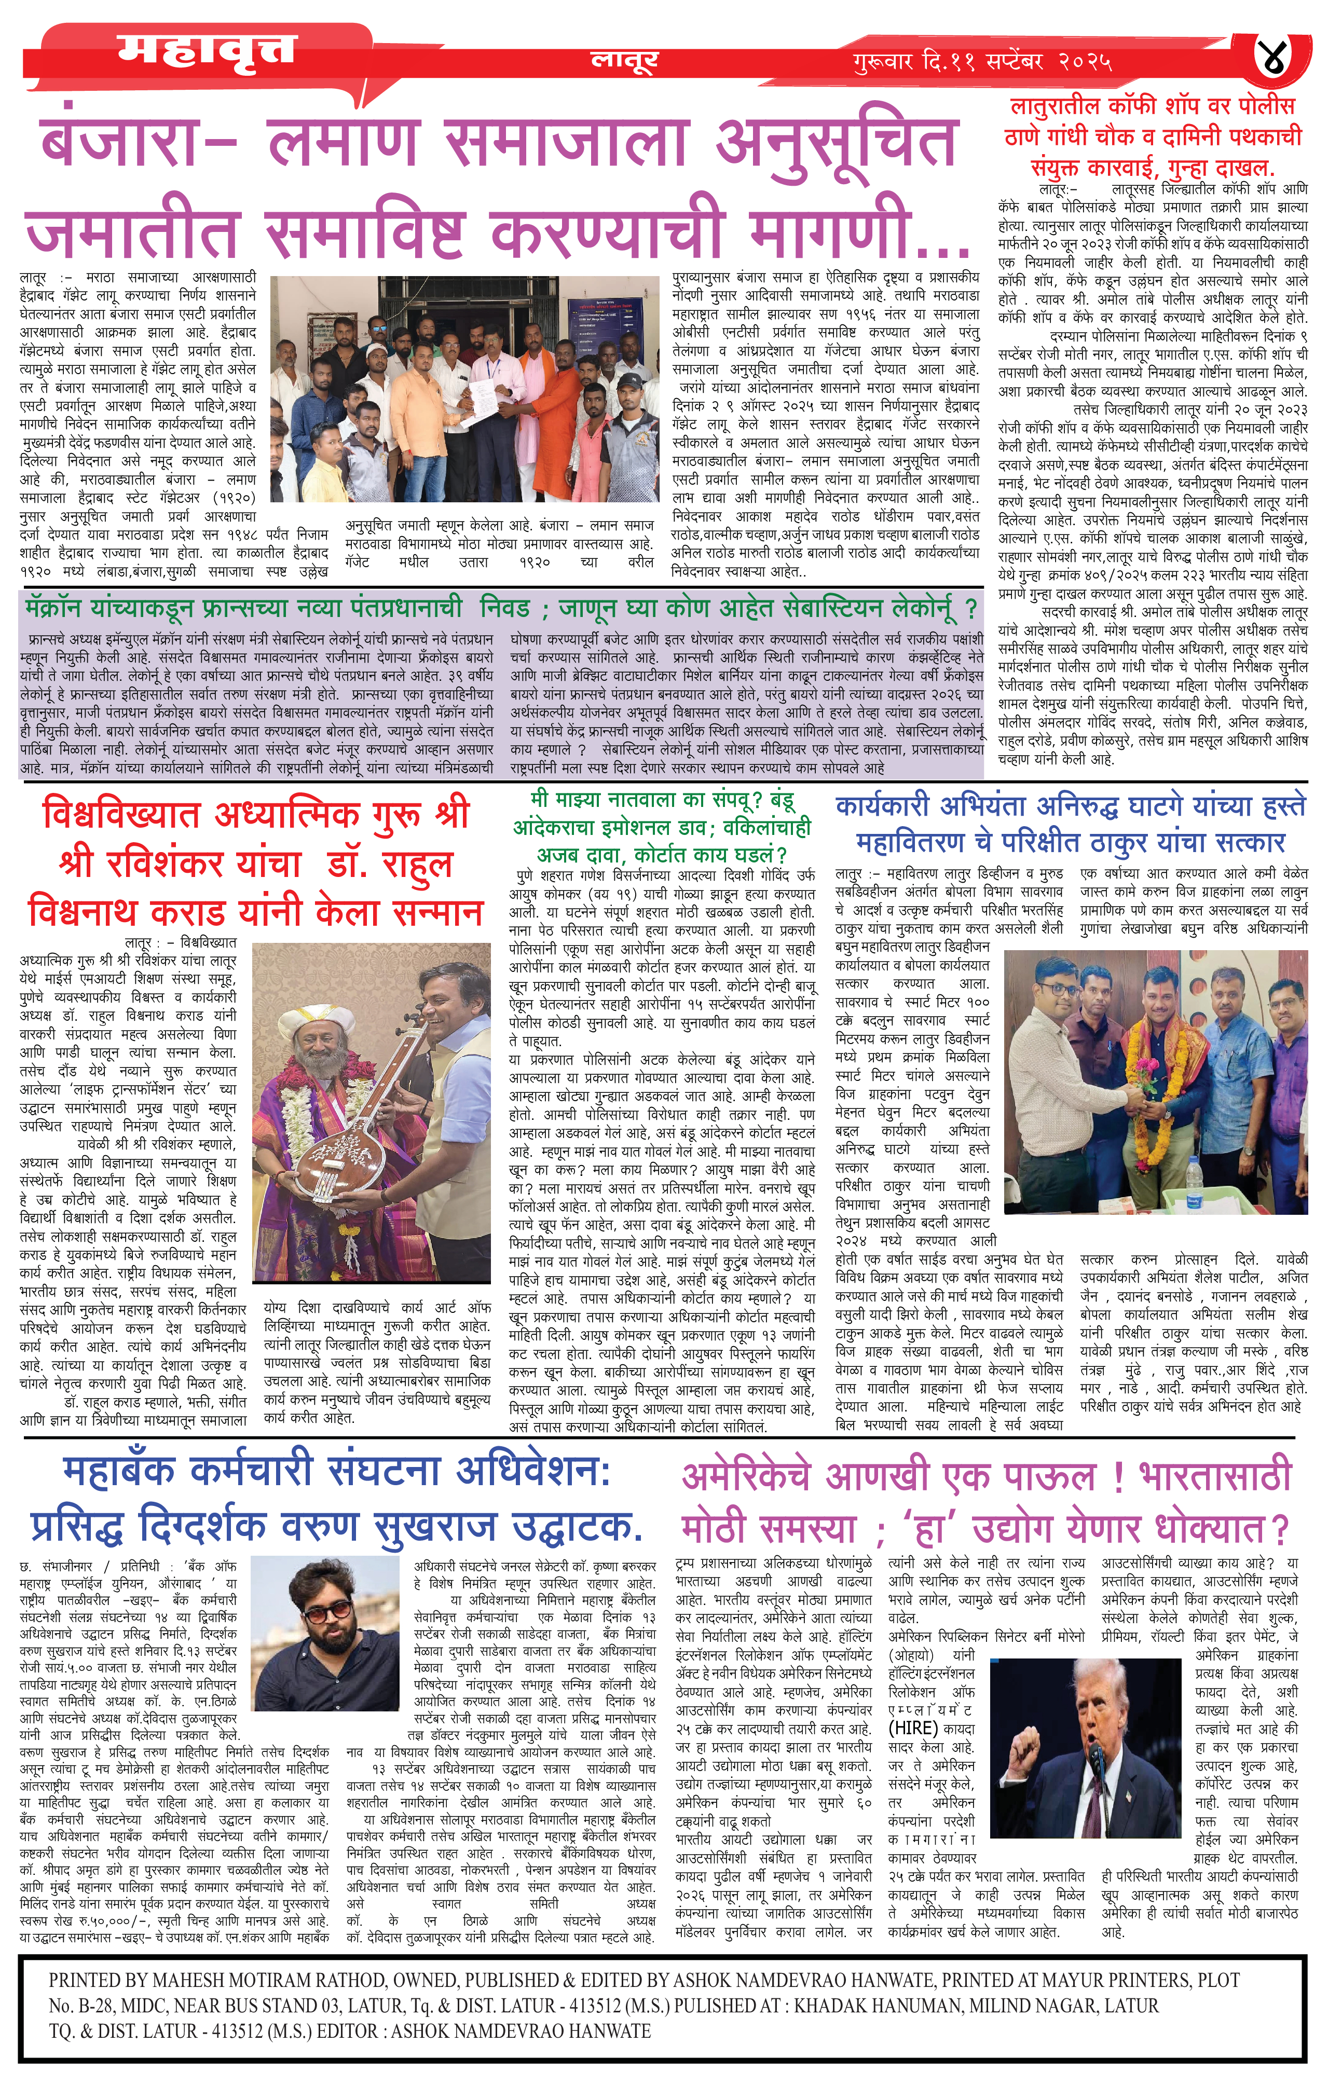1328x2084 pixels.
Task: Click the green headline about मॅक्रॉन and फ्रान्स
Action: pyautogui.click(x=502, y=608)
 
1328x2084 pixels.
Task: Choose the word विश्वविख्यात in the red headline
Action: pyautogui.click(x=121, y=815)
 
